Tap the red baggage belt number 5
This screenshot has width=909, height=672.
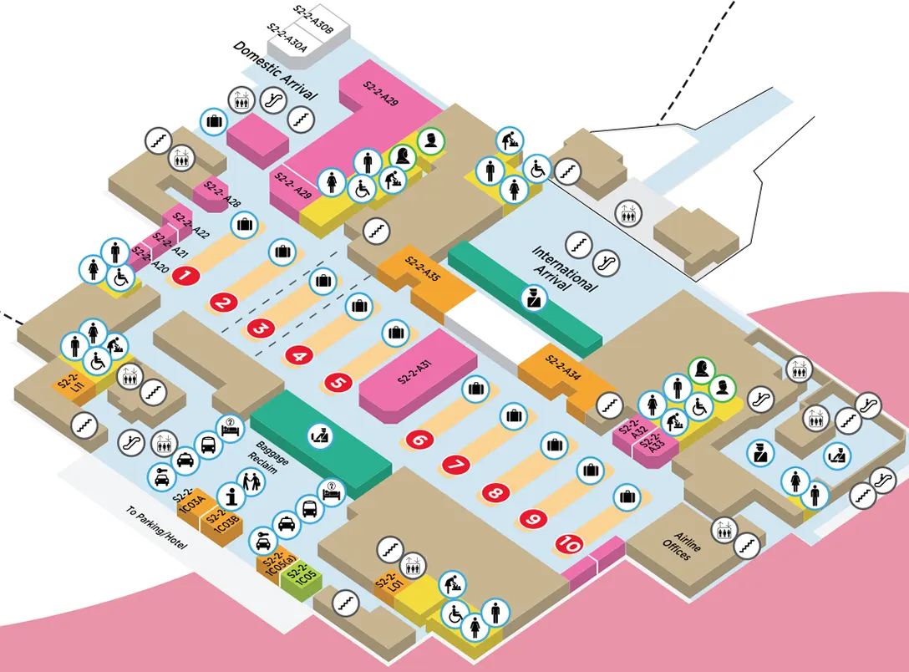[338, 383]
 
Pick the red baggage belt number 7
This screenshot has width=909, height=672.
[456, 465]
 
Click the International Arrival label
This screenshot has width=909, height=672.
[565, 267]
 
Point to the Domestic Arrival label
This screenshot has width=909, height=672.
[276, 72]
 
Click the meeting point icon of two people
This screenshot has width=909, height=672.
[251, 481]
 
